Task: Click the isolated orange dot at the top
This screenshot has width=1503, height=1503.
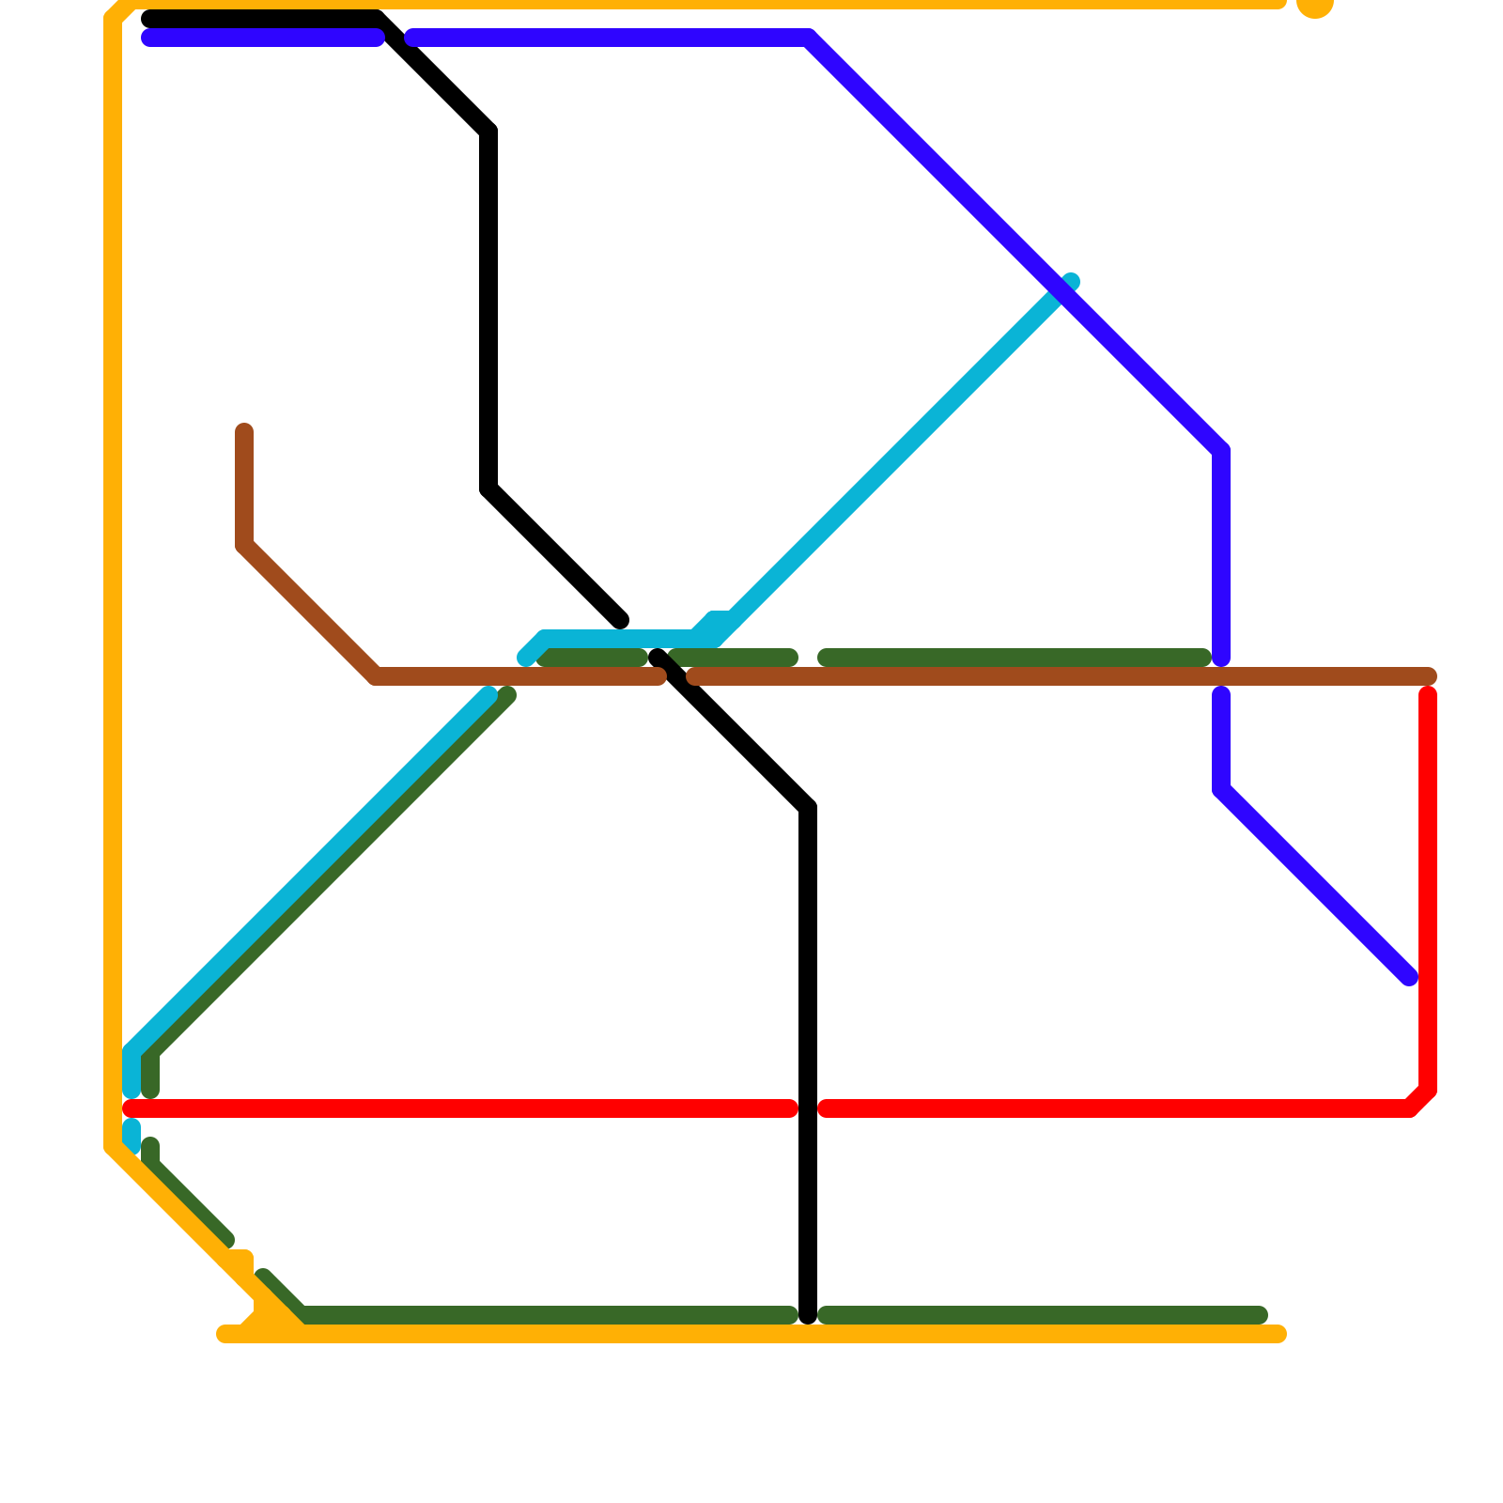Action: [1314, 5]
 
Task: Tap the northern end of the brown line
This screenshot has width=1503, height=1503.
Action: [244, 431]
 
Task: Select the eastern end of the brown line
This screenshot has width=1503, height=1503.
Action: [1429, 676]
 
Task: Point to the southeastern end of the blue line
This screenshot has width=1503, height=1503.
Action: [1409, 978]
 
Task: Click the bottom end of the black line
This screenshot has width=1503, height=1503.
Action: [808, 1315]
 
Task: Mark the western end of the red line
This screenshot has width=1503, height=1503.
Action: [132, 1109]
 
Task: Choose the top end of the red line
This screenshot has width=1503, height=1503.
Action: [1428, 695]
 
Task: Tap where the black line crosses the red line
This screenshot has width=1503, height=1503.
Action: [808, 1109]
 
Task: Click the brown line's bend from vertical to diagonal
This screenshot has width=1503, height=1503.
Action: [244, 546]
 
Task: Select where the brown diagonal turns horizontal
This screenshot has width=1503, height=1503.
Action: [376, 676]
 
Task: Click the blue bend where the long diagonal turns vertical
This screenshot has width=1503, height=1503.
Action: [1221, 451]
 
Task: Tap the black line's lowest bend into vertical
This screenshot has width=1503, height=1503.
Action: [808, 808]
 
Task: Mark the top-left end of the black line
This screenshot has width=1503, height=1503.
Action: [148, 20]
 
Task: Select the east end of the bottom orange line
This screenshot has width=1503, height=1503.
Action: [1278, 1334]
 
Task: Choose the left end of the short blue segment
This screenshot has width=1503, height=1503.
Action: [148, 39]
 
